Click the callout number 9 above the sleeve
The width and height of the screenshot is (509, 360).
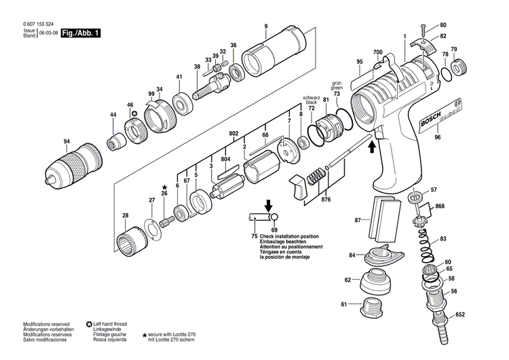coord(266,26)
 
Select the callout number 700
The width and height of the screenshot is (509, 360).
coord(377,52)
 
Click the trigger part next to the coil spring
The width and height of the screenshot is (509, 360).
coord(297,186)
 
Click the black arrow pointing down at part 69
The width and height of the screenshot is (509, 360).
coord(269,204)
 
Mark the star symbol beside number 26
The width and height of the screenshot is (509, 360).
coord(164,186)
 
